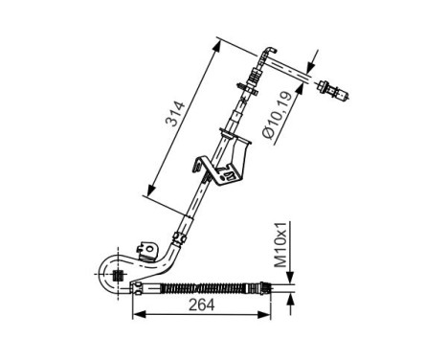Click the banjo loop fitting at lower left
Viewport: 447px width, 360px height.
point(115,274)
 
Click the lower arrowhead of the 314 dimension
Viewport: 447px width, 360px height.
point(148,194)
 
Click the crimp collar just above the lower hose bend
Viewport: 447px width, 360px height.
point(180,234)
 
